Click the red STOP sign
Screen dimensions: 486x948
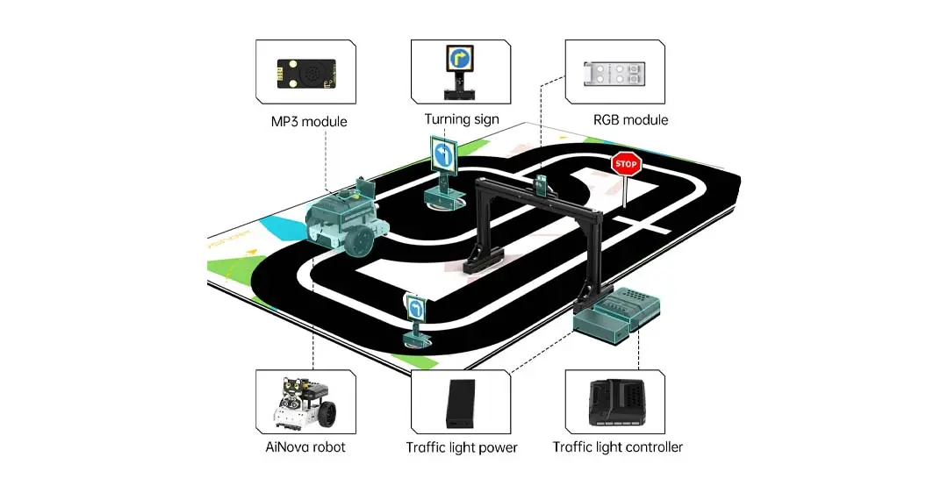(x=625, y=163)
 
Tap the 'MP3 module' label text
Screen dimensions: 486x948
(x=308, y=121)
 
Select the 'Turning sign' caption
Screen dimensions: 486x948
(x=462, y=119)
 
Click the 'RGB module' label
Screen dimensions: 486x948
(x=629, y=119)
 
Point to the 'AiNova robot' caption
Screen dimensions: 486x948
(x=305, y=447)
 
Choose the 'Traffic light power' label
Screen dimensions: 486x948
(x=462, y=447)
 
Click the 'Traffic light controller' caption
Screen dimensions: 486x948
(x=617, y=447)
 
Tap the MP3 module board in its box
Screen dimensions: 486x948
(x=306, y=73)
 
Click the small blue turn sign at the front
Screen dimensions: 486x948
(x=416, y=309)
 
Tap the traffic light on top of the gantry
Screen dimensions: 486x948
(x=542, y=184)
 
